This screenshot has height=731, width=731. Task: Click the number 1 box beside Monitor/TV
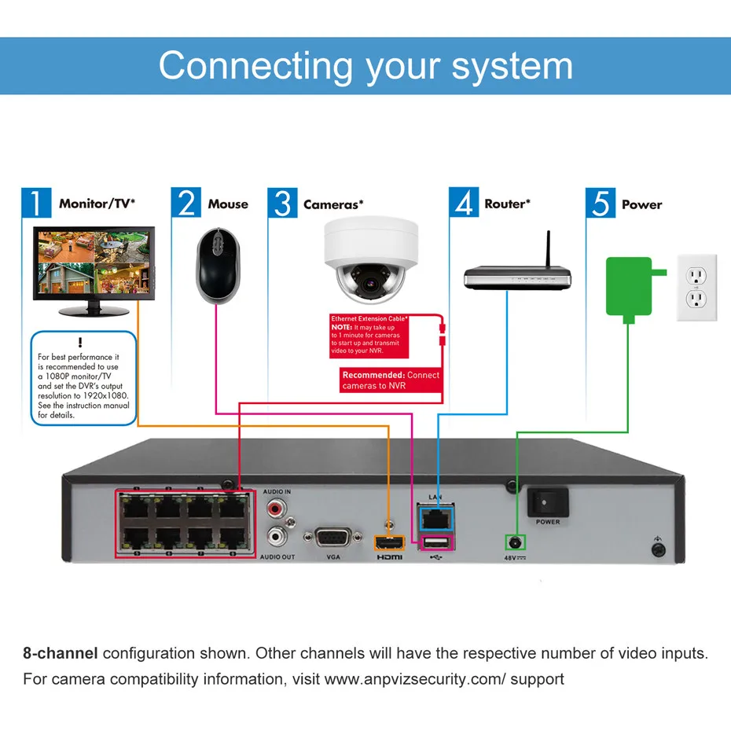36,203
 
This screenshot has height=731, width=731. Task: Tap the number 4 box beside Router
464,203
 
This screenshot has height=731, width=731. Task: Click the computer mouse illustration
215,265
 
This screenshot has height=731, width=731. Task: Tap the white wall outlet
697,287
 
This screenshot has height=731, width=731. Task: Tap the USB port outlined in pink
437,543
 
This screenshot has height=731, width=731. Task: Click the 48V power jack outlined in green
516,542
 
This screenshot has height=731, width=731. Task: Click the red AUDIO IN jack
277,509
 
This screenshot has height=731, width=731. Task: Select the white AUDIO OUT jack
277,538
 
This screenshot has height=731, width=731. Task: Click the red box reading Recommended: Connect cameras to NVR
391,380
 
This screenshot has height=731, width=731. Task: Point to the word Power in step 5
641,204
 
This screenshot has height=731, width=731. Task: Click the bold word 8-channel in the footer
60,653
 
